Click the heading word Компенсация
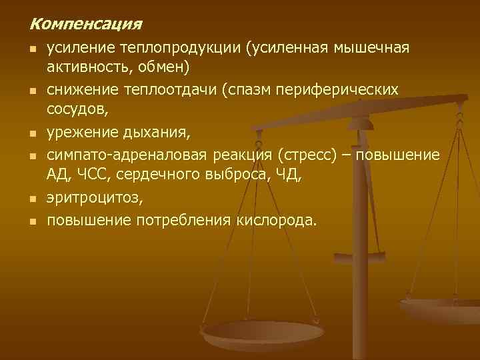[85, 25]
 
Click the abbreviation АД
[57, 175]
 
